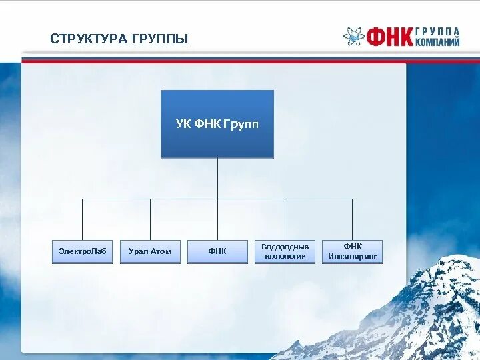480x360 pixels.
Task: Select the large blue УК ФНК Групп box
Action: coord(217,124)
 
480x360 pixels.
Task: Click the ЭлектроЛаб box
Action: coord(83,251)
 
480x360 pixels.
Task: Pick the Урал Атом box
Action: coord(150,251)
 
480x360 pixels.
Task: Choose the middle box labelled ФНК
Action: coord(217,251)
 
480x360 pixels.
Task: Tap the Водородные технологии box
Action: coord(285,251)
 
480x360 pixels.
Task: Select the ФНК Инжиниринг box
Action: coord(352,251)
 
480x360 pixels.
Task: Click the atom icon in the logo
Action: coord(353,37)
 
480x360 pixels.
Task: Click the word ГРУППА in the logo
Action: coord(438,31)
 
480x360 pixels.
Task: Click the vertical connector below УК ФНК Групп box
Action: coord(217,178)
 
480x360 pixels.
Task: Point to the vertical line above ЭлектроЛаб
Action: coord(83,219)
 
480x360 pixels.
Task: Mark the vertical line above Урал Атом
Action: coord(150,219)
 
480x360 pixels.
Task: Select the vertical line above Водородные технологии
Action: coord(285,219)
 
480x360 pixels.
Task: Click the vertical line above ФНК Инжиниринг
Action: coord(352,219)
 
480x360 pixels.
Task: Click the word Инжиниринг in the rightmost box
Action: coord(352,256)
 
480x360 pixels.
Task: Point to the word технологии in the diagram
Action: coord(285,256)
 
